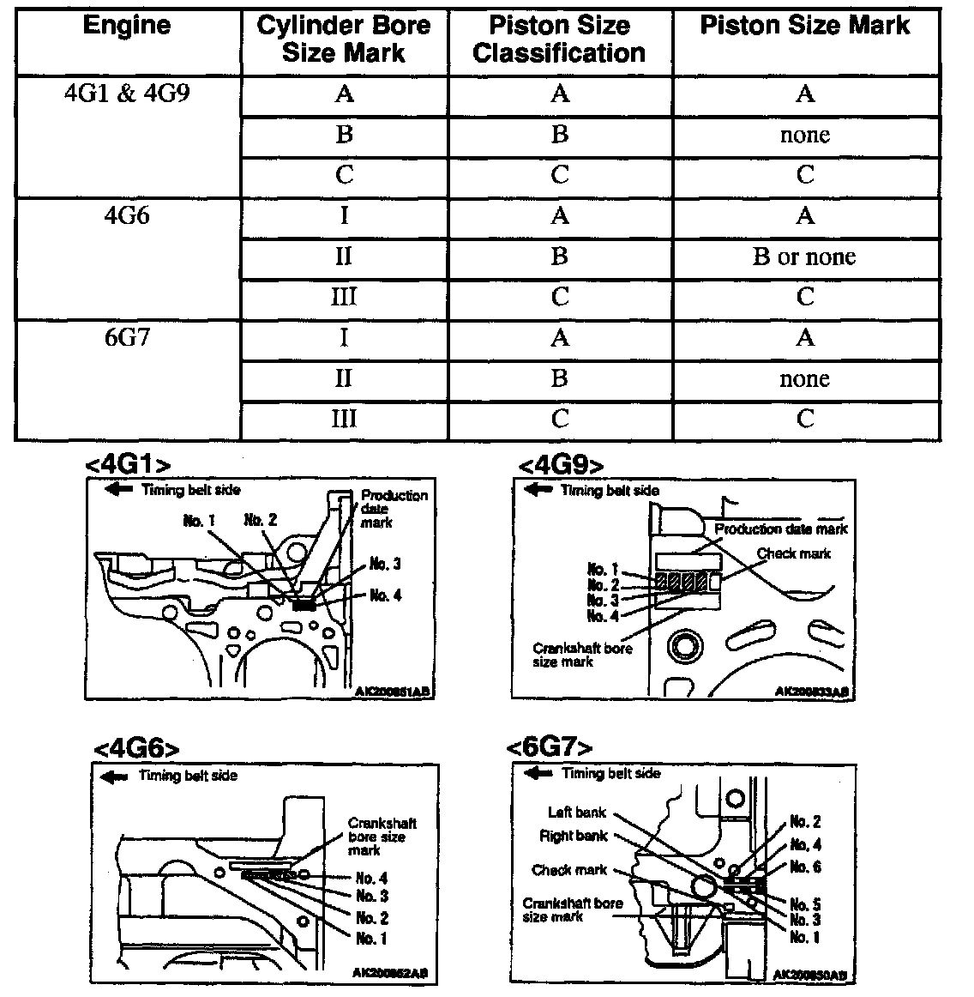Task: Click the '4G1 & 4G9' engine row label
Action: (127, 93)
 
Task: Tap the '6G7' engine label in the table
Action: (127, 337)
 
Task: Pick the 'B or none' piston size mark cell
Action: (804, 257)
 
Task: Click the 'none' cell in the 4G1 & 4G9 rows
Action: (804, 135)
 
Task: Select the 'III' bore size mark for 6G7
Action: (344, 419)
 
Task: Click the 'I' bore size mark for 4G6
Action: (344, 215)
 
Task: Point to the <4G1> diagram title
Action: (128, 464)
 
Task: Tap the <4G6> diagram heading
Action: (136, 748)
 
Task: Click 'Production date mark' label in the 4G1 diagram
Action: (394, 508)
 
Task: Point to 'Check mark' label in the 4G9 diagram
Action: (793, 553)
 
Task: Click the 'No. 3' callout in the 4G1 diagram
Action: (385, 564)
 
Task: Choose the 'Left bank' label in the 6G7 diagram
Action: (577, 812)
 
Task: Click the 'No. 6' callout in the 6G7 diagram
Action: (805, 867)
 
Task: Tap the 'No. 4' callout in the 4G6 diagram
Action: (371, 878)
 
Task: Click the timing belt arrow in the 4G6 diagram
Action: (113, 776)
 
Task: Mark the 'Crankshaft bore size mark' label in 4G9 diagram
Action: (582, 655)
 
